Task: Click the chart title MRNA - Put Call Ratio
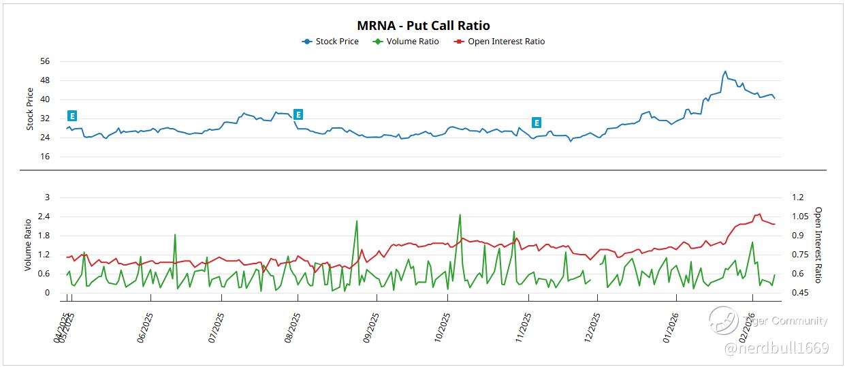tap(423, 26)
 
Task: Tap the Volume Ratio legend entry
tap(406, 42)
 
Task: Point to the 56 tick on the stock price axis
tap(45, 61)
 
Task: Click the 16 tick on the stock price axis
tap(45, 157)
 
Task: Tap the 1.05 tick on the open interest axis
tap(799, 217)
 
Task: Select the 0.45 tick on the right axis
tap(799, 293)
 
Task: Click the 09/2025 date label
tap(371, 328)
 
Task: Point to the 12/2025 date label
tap(594, 328)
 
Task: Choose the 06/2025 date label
tap(146, 328)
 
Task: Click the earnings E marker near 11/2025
tap(537, 123)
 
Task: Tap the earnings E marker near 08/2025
tap(298, 114)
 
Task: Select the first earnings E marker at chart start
tap(72, 116)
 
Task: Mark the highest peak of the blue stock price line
tap(725, 71)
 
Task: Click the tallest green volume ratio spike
tap(460, 215)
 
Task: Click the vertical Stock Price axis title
tap(30, 109)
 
